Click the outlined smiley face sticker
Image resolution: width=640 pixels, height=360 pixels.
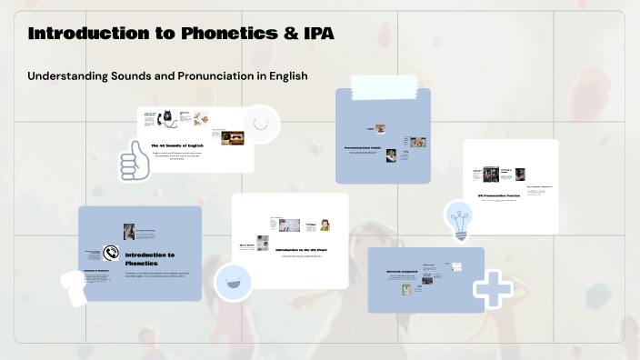pos(261,124)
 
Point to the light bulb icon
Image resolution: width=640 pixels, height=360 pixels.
pos(458,220)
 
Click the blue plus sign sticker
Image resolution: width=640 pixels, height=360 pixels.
pos(493,288)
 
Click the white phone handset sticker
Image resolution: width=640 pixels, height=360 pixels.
pos(74,288)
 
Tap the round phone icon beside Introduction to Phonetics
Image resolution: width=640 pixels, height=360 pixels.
pos(112,254)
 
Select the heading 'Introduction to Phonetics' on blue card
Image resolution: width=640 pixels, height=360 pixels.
pos(150,259)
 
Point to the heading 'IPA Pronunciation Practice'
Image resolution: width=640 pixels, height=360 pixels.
pos(510,195)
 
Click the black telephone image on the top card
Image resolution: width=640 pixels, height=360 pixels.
pos(167,118)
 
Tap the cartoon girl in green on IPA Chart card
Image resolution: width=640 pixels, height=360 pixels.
pos(323,225)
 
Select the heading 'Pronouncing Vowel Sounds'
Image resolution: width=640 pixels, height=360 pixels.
pos(367,146)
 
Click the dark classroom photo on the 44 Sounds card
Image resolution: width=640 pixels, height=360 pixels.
pos(233,138)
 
